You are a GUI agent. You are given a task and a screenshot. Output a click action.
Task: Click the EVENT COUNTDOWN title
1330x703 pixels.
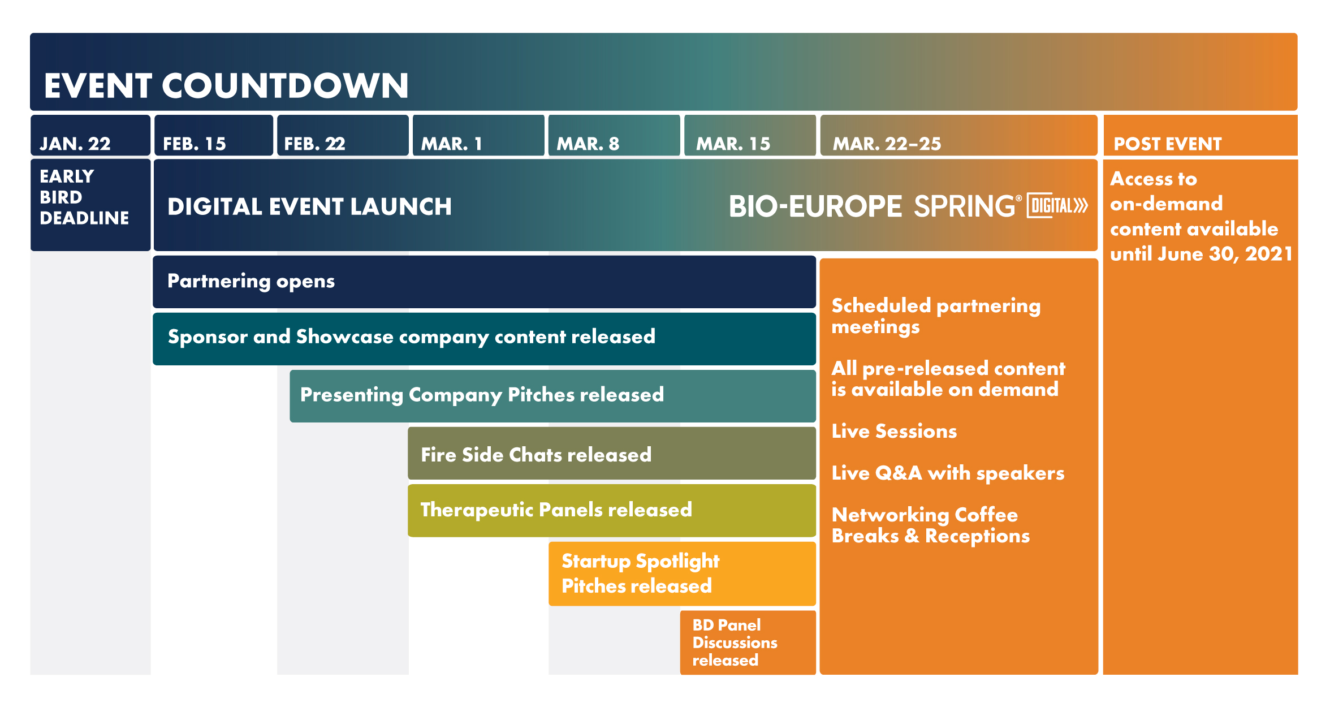tap(226, 86)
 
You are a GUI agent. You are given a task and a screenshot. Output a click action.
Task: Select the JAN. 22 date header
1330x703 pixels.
tap(90, 135)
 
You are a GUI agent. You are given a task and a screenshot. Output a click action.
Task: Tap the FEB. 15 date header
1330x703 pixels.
tap(213, 135)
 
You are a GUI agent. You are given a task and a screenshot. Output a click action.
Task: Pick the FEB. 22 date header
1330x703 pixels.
tap(343, 135)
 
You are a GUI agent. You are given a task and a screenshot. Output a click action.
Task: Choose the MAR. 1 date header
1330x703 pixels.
tap(478, 135)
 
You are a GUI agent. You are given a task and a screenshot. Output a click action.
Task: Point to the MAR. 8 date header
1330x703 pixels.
tap(614, 135)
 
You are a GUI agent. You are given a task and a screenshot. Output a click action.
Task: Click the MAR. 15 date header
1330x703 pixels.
tap(750, 135)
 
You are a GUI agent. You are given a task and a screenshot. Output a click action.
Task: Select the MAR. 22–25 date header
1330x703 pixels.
tap(958, 135)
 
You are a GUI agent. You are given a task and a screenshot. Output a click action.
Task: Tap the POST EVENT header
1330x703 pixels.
tap(1201, 135)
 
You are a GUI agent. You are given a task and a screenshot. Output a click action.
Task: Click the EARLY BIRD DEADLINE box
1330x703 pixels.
tap(90, 205)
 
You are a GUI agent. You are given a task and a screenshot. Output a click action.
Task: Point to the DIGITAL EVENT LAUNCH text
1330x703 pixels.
tap(309, 206)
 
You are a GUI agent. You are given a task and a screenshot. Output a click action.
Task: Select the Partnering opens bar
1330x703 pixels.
tap(484, 282)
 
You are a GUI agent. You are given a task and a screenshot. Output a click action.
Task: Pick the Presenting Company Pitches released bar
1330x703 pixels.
tap(552, 396)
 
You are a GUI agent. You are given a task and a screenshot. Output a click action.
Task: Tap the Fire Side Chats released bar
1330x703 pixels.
tap(612, 454)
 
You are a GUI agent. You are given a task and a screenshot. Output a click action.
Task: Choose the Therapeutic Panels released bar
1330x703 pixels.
tap(612, 510)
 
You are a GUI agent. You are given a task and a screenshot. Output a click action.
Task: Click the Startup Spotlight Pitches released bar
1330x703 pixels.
tap(682, 573)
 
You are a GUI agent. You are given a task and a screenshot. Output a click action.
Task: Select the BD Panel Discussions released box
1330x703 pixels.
tap(748, 642)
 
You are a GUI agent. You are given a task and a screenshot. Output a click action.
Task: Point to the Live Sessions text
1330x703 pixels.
tap(894, 431)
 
